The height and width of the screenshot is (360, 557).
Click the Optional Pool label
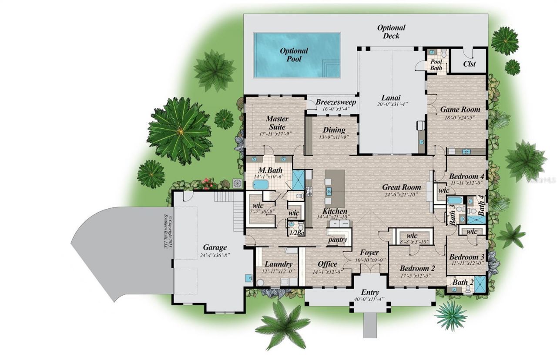(294, 55)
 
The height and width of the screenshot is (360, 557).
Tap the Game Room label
(460, 110)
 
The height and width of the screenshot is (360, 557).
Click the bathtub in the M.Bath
(261, 184)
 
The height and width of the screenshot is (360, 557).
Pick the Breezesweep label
(336, 102)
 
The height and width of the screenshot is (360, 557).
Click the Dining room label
(334, 130)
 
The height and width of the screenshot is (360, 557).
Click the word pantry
(338, 240)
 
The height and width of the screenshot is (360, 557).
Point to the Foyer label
(369, 253)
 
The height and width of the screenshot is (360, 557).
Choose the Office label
(327, 264)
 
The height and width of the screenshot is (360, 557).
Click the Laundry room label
(278, 264)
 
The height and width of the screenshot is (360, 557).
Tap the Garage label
(215, 248)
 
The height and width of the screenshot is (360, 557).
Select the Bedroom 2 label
(417, 268)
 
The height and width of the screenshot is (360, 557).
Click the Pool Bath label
(436, 65)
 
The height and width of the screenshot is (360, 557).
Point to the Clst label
(469, 64)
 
